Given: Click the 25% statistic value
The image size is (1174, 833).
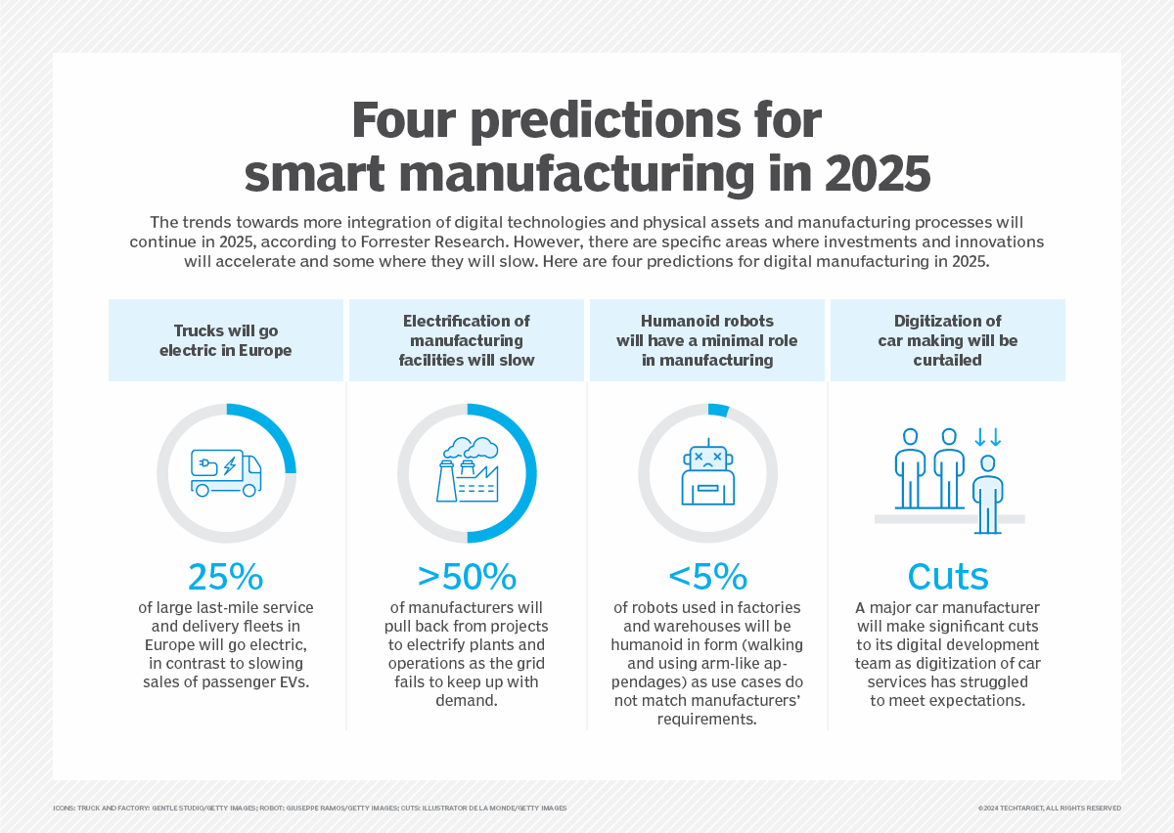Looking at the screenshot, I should [x=226, y=576].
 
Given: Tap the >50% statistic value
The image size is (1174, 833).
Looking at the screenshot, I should [x=467, y=576].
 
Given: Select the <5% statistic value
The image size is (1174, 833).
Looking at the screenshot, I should [x=707, y=576].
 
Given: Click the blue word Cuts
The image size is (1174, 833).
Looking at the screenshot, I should [x=948, y=576].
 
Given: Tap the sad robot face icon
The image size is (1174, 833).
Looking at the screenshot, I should [x=707, y=472].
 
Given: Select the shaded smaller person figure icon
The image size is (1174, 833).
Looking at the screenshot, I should [x=988, y=494].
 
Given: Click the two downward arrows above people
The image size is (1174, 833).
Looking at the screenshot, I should [x=988, y=436].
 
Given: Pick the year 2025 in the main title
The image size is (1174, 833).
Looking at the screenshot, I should [x=877, y=173].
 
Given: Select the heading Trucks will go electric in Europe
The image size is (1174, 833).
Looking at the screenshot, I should [x=226, y=339].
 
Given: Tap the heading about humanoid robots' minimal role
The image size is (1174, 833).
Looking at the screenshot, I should [x=707, y=340].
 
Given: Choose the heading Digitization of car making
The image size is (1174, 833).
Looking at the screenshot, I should [x=948, y=340].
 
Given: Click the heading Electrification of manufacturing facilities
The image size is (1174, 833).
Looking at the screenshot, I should [x=467, y=340].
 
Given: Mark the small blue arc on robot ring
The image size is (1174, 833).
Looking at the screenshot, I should [x=718, y=410].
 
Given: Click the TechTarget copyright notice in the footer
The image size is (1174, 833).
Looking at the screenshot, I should [x=1049, y=809].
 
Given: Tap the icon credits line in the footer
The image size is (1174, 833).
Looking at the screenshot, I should [x=310, y=809].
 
